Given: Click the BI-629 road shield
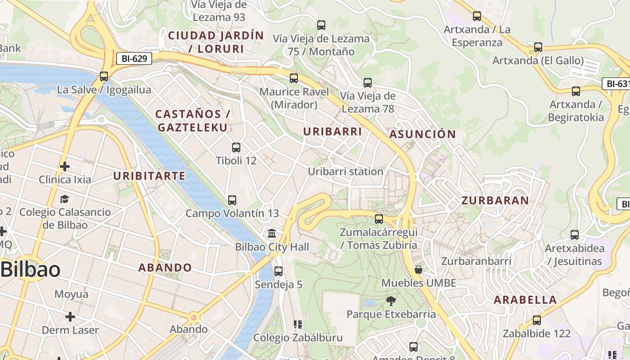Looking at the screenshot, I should coord(134,58).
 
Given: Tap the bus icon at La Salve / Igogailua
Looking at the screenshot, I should coord(104,76).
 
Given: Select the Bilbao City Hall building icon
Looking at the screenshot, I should coord(272,233).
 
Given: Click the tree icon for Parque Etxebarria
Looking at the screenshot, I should coord(391,301).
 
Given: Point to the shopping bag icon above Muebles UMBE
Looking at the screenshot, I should coord(418,270).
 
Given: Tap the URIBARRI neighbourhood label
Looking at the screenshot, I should coord(333,132).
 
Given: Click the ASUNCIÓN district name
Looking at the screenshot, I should coord(423,134).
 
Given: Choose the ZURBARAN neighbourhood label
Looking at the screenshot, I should coord(495,201).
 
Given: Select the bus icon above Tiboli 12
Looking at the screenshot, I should coord(236,147).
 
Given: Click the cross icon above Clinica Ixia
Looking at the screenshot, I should coord(65,166).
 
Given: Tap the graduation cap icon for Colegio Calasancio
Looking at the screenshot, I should coord(65,199).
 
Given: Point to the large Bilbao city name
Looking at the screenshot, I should coord(31,270).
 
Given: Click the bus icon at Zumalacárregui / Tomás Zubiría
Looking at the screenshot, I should coord(379,219).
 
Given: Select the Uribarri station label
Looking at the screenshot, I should coord(346,171).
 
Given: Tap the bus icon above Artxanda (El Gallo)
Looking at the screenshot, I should coord(538,47).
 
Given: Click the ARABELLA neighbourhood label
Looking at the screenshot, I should coord(525,300).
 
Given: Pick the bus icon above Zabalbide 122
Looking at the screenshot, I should coord(536,320).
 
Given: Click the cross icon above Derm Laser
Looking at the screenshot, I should coord(70,317).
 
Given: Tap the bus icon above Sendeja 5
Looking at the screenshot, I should coord(279,271).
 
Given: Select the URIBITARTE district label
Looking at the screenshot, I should coord(149,176).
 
